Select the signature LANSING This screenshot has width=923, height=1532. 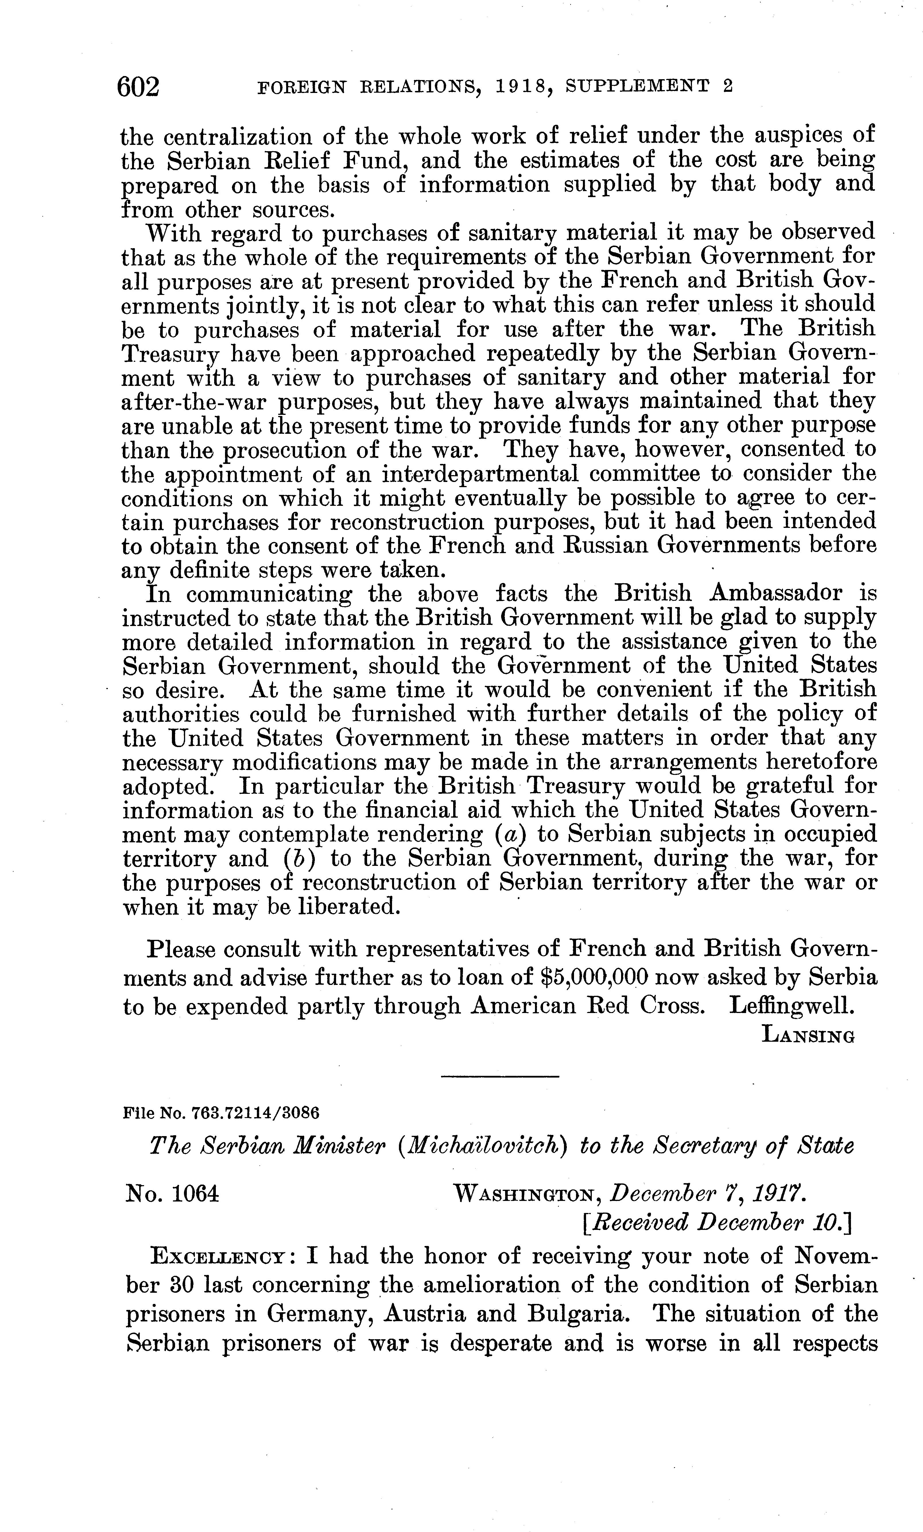808,1035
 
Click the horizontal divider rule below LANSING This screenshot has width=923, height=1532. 500,1076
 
